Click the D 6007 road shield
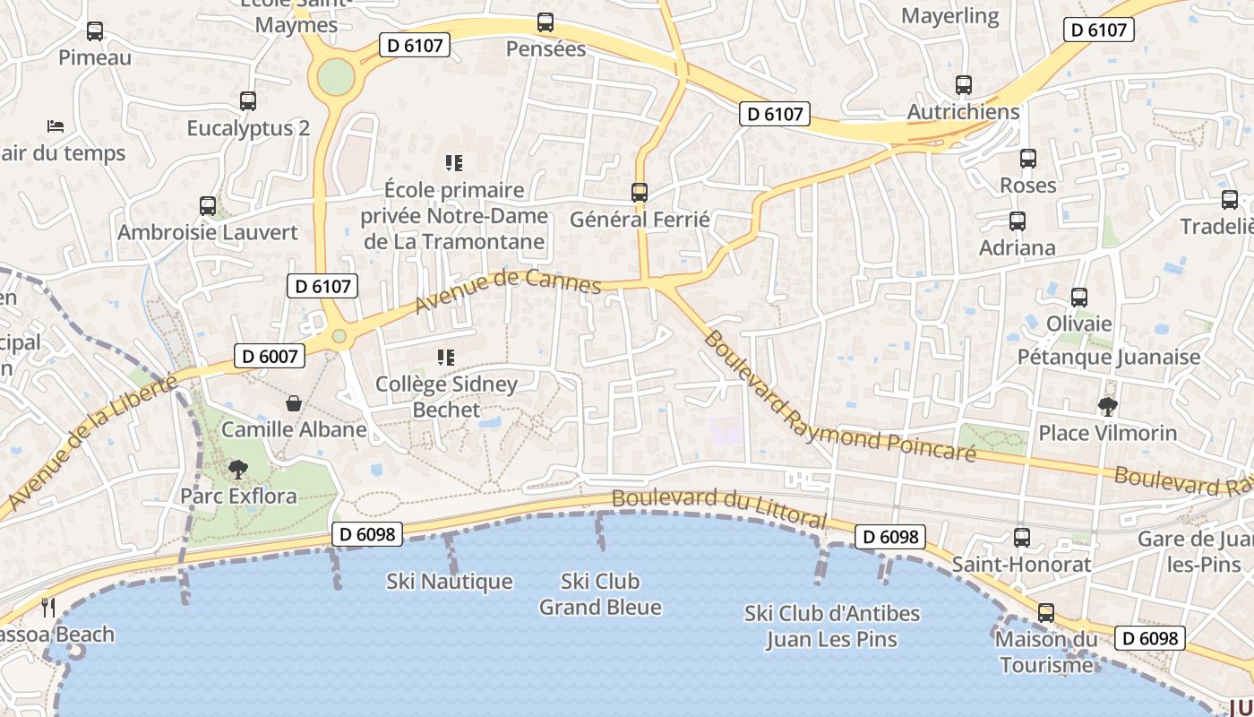(x=269, y=356)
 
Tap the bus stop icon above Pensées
(x=545, y=22)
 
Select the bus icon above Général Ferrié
(x=640, y=192)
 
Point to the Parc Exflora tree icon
(x=238, y=469)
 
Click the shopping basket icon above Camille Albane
(x=293, y=403)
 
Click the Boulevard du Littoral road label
(x=718, y=507)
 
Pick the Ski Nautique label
(x=450, y=582)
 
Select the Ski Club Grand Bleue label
(x=600, y=594)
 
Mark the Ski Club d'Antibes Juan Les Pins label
(x=832, y=626)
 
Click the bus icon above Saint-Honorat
(x=1022, y=538)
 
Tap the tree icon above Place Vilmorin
(x=1108, y=407)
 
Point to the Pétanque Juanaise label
(x=1108, y=357)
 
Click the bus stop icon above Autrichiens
(x=964, y=85)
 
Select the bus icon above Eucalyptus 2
(x=248, y=101)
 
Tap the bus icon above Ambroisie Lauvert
(x=208, y=206)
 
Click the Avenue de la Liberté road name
(x=90, y=441)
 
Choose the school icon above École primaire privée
(x=454, y=163)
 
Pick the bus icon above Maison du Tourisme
(x=1046, y=614)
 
